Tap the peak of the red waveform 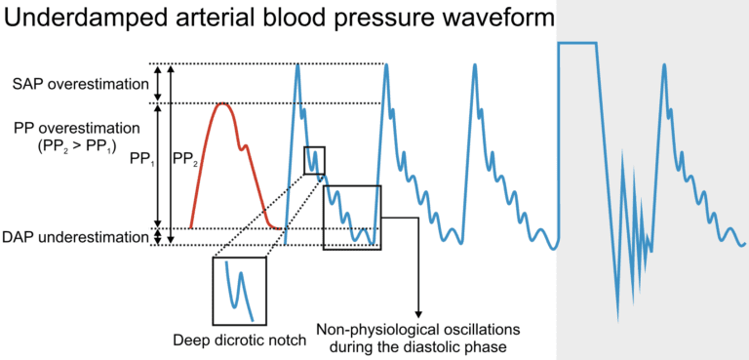coord(223,104)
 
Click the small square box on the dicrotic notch coord(314,160)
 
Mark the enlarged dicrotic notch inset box coord(239,291)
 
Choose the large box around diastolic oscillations coord(352,217)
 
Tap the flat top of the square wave coord(577,43)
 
